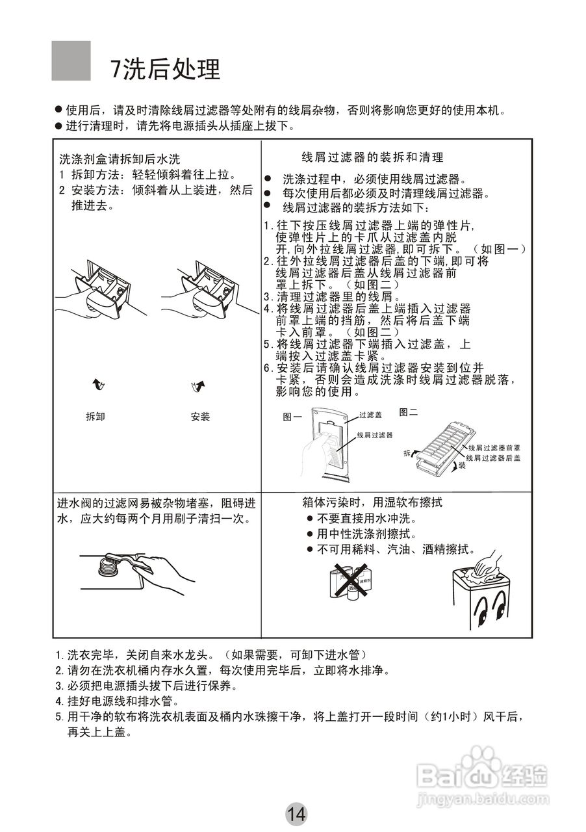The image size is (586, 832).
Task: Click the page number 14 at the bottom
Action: tap(296, 813)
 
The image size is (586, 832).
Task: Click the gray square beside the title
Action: tap(71, 60)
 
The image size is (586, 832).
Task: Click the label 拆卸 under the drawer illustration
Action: tap(96, 417)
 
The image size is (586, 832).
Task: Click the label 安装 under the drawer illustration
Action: tap(200, 417)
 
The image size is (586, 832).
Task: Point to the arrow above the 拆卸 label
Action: tap(97, 385)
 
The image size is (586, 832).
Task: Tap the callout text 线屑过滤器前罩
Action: tap(494, 448)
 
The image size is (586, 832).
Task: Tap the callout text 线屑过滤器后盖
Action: tap(494, 458)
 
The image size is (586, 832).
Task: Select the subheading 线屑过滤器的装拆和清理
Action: tap(372, 157)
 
